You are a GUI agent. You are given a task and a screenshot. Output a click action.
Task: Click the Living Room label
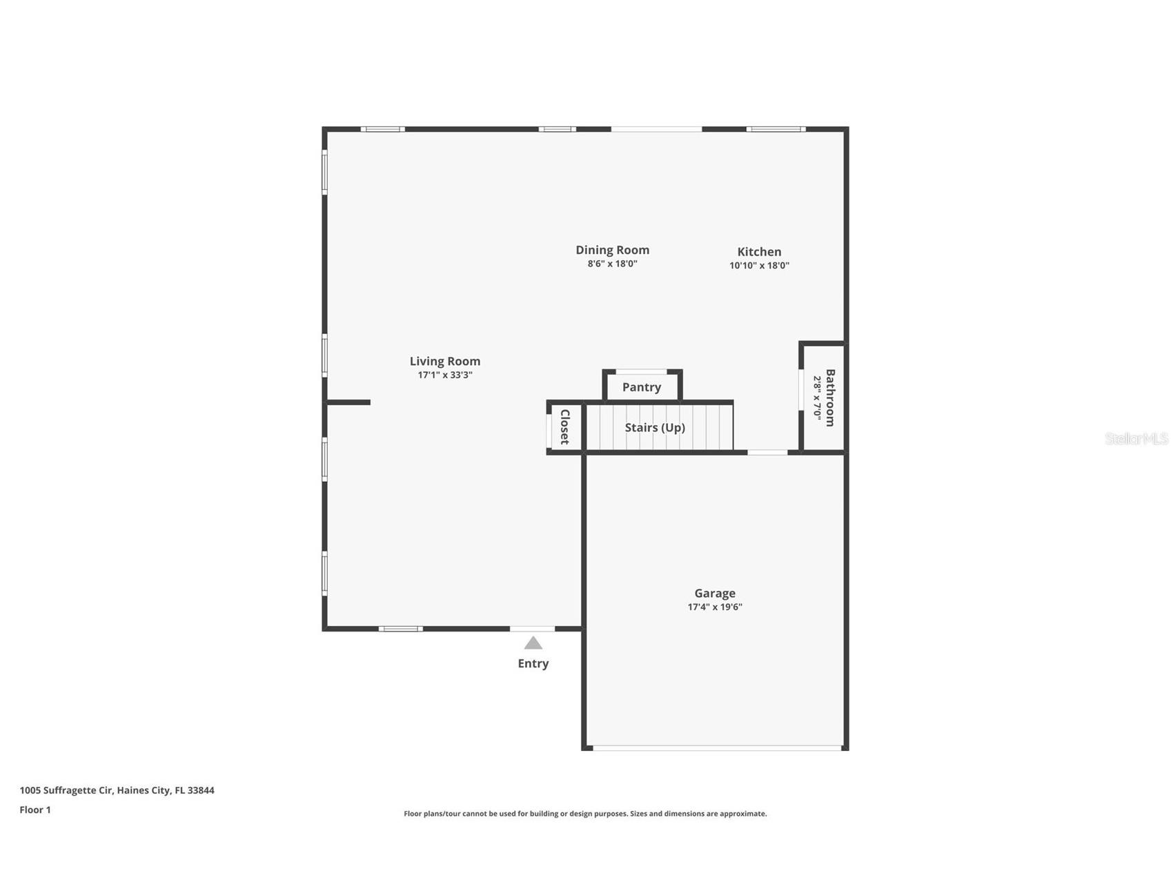pos(444,361)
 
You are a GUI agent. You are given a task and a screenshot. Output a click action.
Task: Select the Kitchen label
pos(759,252)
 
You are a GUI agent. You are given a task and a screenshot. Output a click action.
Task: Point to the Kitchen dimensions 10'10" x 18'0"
pos(759,265)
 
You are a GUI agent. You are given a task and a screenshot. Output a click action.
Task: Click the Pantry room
pos(642,387)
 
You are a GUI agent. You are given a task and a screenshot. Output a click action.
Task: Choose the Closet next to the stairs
pos(564,427)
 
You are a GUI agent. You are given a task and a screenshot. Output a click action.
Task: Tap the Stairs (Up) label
pos(655,427)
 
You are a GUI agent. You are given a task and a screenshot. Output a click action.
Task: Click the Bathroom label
pos(830,398)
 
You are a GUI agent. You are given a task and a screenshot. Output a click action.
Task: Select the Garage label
pos(714,593)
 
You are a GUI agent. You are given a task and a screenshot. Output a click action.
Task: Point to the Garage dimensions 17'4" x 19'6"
pos(714,607)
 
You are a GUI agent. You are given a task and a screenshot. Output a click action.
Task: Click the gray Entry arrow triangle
pos(533,643)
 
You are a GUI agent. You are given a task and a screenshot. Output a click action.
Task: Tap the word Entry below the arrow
pos(533,663)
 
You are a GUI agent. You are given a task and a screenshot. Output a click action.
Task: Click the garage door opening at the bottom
pos(716,748)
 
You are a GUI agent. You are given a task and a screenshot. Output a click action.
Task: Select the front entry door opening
pos(532,629)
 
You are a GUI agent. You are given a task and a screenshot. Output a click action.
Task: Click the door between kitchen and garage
pos(767,453)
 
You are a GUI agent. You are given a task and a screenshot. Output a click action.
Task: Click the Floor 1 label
pos(35,810)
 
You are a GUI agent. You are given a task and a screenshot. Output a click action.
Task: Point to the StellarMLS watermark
pos(1136,438)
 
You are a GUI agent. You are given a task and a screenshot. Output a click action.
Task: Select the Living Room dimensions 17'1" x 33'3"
pos(444,375)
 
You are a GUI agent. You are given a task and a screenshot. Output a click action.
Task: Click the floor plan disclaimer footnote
pos(585,814)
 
